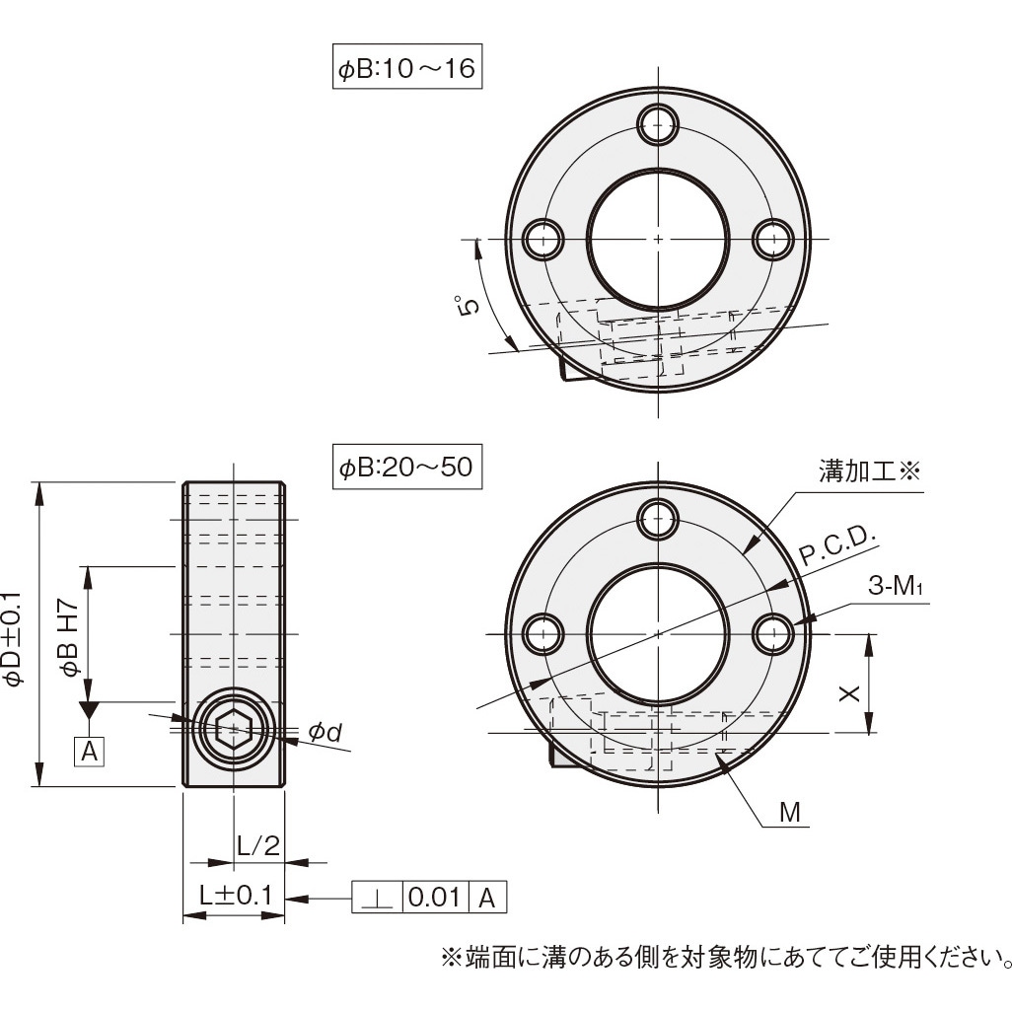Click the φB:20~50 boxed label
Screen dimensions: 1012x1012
[x=406, y=469]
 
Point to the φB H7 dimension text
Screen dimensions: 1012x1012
[x=70, y=638]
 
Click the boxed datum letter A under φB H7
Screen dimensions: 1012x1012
[x=90, y=752]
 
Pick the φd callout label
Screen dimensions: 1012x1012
[x=325, y=732]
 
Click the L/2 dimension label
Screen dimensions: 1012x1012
[x=259, y=844]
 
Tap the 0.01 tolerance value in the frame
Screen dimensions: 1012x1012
[x=435, y=898]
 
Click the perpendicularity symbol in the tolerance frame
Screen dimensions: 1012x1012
[x=377, y=898]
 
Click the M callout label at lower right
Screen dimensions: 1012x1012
[x=790, y=813]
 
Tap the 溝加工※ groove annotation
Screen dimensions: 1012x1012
[x=868, y=471]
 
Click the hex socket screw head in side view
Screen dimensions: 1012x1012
[x=234, y=731]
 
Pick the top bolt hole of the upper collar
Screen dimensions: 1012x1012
[x=658, y=122]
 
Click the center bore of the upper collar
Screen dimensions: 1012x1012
[x=658, y=239]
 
